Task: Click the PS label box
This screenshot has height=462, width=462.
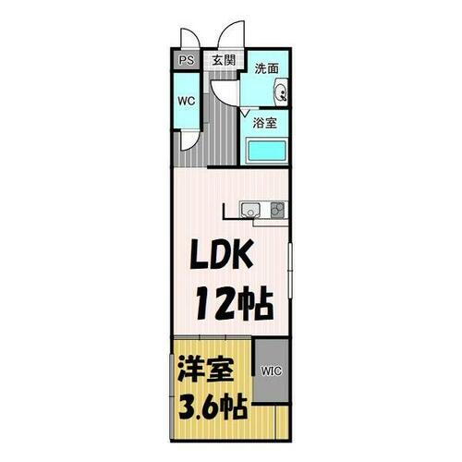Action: pos(186,61)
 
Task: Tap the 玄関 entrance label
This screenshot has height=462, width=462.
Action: pos(224,60)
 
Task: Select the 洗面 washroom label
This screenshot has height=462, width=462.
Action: pos(267,67)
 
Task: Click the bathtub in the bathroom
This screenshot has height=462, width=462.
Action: pos(269,151)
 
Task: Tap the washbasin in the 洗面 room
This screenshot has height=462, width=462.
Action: pos(282,91)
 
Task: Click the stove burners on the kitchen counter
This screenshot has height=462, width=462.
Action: pos(277,209)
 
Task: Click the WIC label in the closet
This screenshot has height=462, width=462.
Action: pos(272,372)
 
